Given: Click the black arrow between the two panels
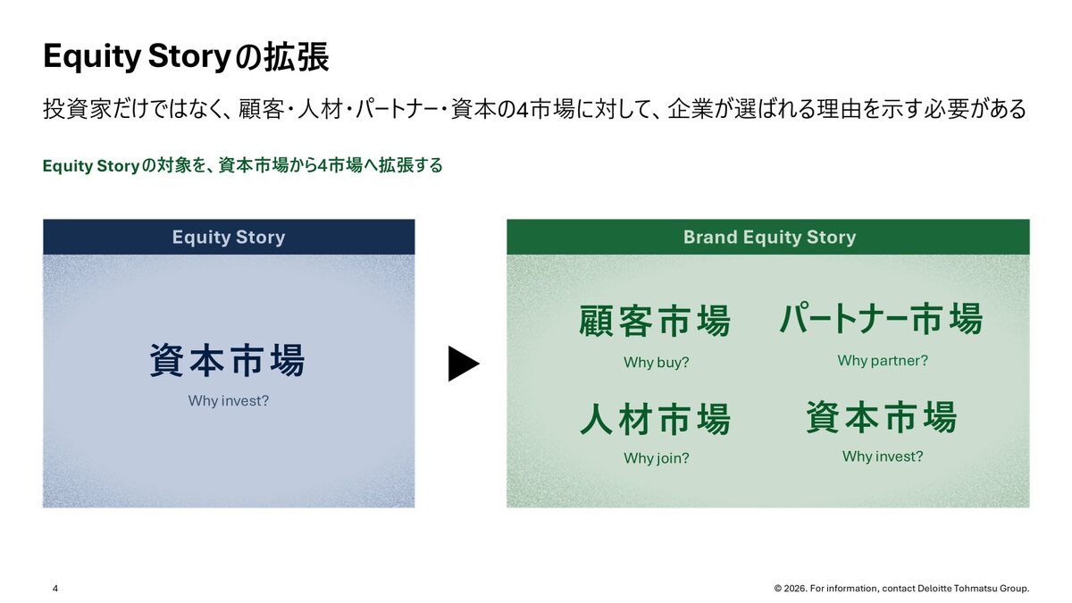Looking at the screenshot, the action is point(463,364).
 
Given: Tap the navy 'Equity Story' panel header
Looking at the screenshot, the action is point(229,237).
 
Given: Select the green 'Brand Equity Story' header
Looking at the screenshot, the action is point(768,237).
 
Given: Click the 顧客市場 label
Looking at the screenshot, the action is point(655,321).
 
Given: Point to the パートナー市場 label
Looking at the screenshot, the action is point(882,318).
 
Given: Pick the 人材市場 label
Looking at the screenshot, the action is point(655,419).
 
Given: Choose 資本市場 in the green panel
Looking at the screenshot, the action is point(882,417).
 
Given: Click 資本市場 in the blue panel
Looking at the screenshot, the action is point(227,360).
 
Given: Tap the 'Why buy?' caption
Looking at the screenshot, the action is point(656,363).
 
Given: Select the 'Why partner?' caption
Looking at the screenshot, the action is point(883,360).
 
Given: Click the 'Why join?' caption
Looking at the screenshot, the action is point(656,458).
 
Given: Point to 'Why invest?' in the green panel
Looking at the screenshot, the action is point(883,456).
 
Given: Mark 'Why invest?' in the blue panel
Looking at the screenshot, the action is point(229,400).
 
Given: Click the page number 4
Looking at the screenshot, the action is point(55,588).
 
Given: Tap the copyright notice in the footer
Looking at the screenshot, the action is point(901,588).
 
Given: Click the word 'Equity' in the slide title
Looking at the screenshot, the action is point(92,57).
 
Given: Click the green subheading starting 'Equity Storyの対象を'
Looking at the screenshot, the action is point(243,165).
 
